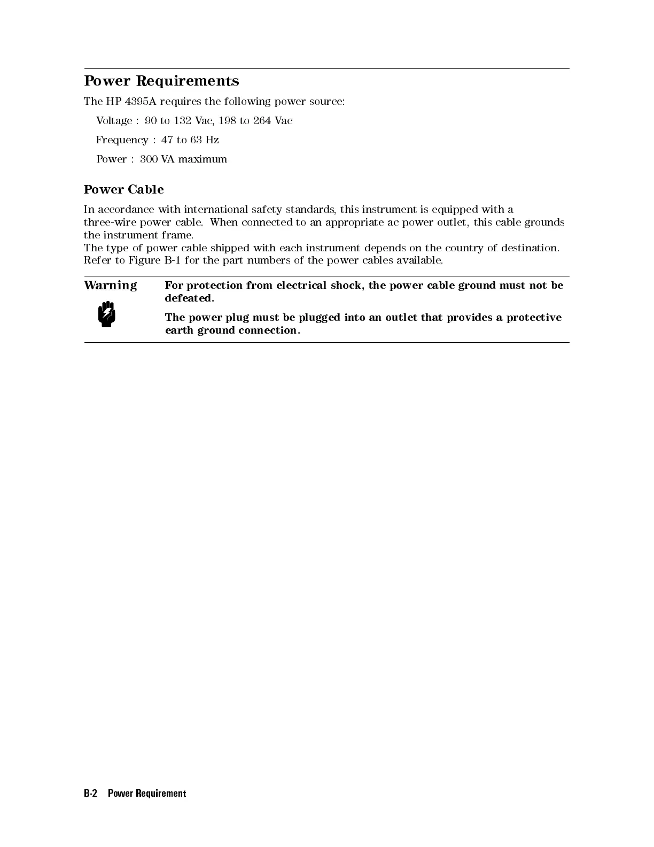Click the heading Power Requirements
[x=161, y=81]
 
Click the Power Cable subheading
[x=123, y=190]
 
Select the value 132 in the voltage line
[x=183, y=121]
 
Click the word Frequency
[x=122, y=140]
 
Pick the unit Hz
[x=212, y=140]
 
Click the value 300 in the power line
[x=149, y=159]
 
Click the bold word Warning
[x=110, y=286]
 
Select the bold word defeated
[x=189, y=298]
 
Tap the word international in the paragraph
[x=216, y=210]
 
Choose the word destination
[x=530, y=248]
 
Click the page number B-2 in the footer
[x=91, y=794]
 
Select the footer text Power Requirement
[x=147, y=794]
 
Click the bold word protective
[x=534, y=318]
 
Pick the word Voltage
[x=114, y=121]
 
